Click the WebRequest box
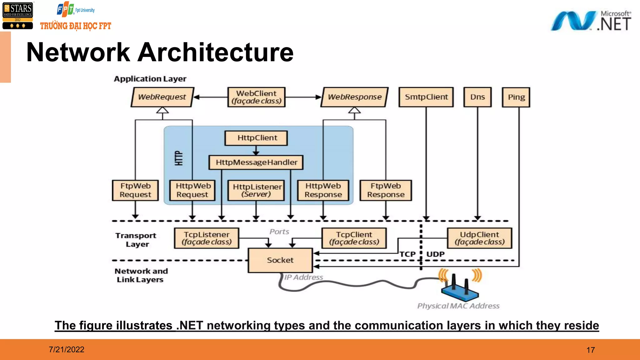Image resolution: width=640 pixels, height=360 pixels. coord(162,97)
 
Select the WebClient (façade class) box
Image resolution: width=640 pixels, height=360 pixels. coord(256,97)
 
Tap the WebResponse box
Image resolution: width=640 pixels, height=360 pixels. coord(354,97)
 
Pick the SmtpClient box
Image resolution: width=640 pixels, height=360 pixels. coord(426,97)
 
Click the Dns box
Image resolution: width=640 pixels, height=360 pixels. coord(477,97)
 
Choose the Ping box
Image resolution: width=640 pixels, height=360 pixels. coord(516,97)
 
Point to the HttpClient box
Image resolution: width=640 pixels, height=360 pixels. coord(256,138)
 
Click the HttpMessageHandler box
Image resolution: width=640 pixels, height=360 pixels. coord(256,162)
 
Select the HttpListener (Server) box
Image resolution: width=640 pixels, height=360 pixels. coord(256,190)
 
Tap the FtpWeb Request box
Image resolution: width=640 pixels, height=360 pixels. coord(135,190)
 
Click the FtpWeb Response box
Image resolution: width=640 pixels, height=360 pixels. coord(386,190)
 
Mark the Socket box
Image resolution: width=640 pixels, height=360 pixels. coord(280,260)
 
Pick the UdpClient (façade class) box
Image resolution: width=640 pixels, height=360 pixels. coord(479,238)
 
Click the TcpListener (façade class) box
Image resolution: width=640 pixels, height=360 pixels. coord(207,238)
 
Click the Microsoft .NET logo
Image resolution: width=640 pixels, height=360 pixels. coord(591,21)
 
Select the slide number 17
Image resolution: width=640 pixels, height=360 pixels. coord(590,350)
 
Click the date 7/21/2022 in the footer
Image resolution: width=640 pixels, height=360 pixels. coord(67,349)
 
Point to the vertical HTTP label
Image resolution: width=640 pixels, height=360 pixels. coord(178,158)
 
